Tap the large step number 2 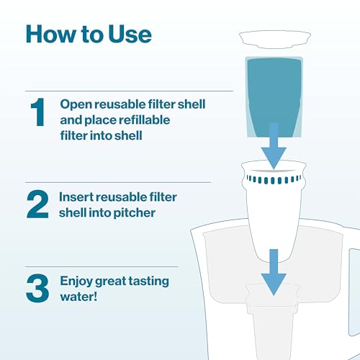tap(37, 204)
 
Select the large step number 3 tap(37, 285)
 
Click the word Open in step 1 tap(74, 104)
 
